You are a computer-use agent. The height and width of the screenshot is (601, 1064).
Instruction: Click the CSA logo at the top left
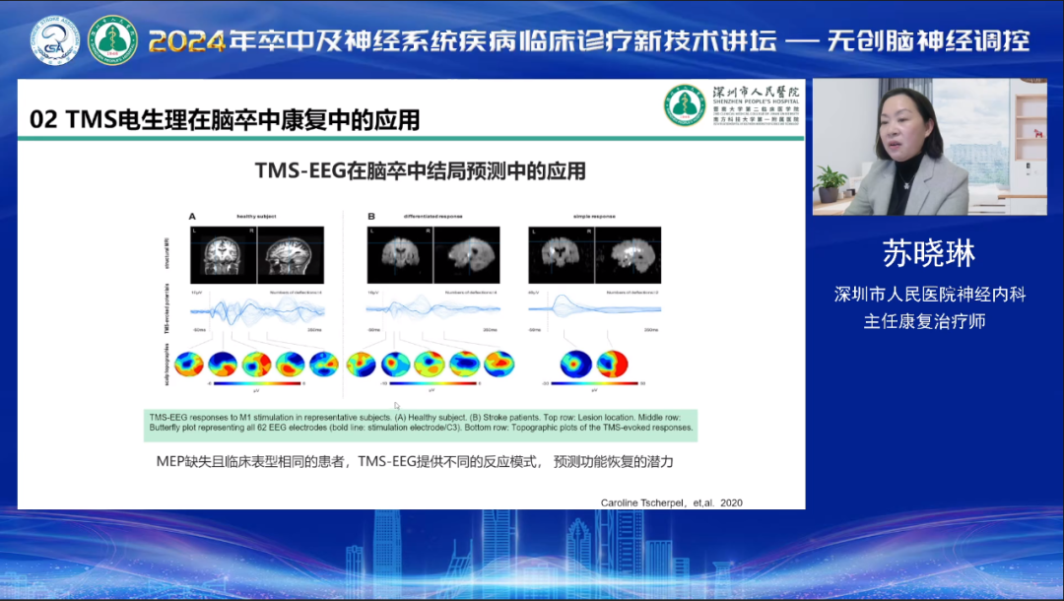pos(55,40)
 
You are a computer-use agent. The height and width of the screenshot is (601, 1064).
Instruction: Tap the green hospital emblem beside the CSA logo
pos(113,40)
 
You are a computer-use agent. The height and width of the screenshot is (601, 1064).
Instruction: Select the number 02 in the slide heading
pos(44,120)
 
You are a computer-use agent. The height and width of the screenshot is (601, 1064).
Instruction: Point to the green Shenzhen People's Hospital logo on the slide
pos(684,104)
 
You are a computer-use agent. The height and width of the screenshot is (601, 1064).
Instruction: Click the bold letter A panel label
pos(193,216)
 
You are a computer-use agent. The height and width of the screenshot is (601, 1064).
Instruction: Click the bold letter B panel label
pos(371,216)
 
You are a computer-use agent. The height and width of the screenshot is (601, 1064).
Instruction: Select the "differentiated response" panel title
pos(432,216)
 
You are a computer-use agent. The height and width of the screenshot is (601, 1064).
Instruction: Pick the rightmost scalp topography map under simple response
pos(612,365)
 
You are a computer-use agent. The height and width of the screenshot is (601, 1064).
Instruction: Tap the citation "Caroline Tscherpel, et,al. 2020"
pos(671,502)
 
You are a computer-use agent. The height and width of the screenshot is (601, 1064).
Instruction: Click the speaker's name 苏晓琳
pos(930,253)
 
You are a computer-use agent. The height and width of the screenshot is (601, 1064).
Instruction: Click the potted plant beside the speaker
pos(832,183)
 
